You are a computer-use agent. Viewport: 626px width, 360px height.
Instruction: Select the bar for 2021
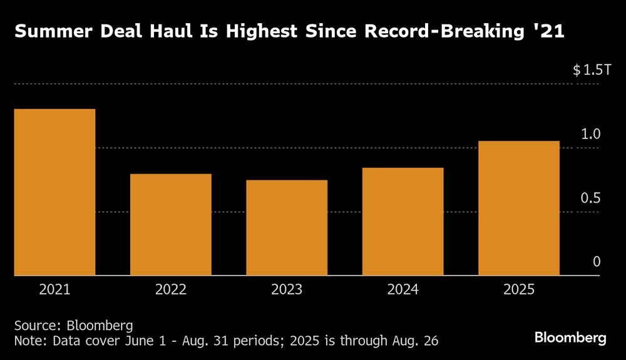coord(54,192)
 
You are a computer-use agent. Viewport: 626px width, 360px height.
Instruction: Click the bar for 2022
coord(171,224)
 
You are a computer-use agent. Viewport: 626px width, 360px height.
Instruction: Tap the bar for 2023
coord(287,227)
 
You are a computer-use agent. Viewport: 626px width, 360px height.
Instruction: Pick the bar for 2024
coord(403,221)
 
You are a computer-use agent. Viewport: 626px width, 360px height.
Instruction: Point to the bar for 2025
coord(519,208)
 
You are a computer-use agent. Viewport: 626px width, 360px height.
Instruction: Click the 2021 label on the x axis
coord(54,290)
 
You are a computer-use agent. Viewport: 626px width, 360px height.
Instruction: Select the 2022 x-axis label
coord(171,290)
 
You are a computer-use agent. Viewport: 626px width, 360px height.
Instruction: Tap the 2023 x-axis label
coord(287,290)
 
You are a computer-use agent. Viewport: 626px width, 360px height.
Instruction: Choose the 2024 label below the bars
coord(403,290)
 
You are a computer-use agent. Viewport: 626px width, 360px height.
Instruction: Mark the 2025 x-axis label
coord(519,290)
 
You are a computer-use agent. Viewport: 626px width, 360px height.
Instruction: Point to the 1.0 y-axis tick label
coord(591,134)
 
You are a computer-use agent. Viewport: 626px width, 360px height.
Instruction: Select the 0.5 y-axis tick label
coord(591,198)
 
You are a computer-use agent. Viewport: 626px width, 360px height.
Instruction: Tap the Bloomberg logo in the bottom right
coord(570,338)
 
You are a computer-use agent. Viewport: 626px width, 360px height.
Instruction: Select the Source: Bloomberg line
coord(74,326)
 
